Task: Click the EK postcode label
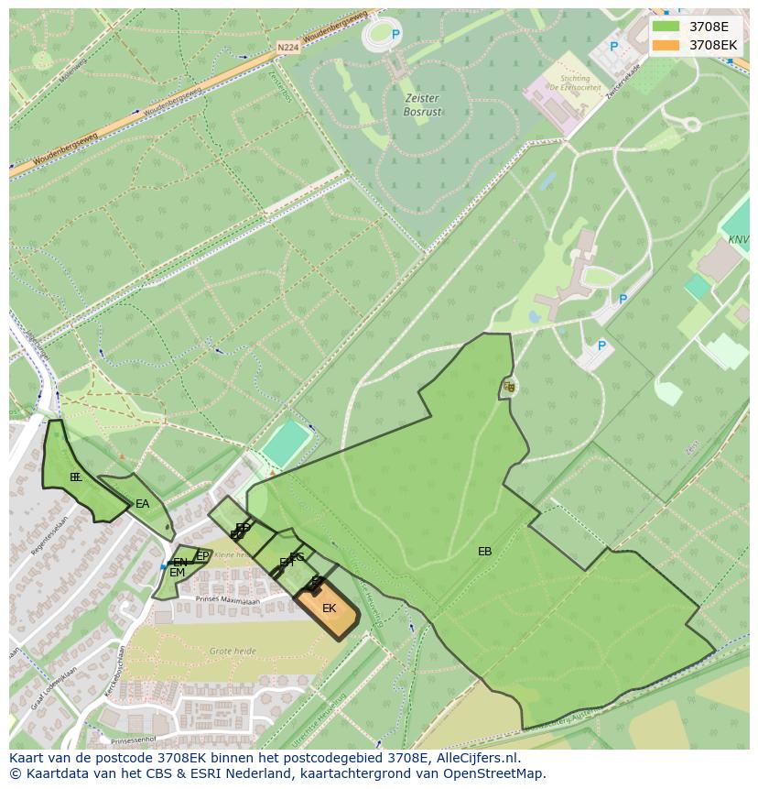329,608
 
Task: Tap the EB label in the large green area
484,552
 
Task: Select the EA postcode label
142,504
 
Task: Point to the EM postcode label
177,573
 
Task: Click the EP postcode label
202,555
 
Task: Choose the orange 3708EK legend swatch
666,45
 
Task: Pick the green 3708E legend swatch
666,27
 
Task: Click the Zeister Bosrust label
421,104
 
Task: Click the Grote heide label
233,651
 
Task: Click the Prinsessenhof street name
134,740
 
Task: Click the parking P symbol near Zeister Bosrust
395,35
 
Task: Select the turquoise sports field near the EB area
287,444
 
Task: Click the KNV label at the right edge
738,239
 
